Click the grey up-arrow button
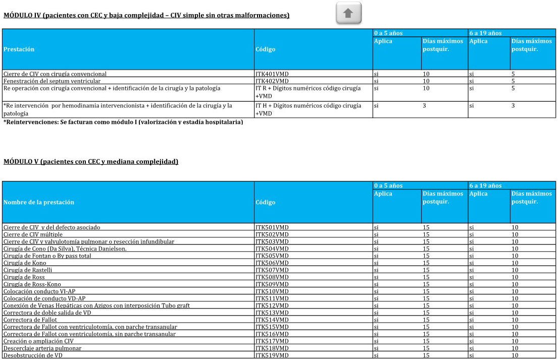[348, 13]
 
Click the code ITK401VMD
[272, 74]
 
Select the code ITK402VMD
[272, 81]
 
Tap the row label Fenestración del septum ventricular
[52, 81]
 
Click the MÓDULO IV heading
[146, 16]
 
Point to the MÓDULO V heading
[91, 162]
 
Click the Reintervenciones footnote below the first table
[123, 122]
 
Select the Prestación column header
[19, 49]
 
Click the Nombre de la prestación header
[39, 202]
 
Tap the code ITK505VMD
[272, 256]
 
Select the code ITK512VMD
[272, 305]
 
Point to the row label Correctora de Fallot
[30, 320]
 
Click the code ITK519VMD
[272, 355]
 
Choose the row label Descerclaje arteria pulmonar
[42, 348]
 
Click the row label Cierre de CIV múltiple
[33, 235]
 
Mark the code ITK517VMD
[272, 341]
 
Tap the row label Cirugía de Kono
[25, 263]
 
